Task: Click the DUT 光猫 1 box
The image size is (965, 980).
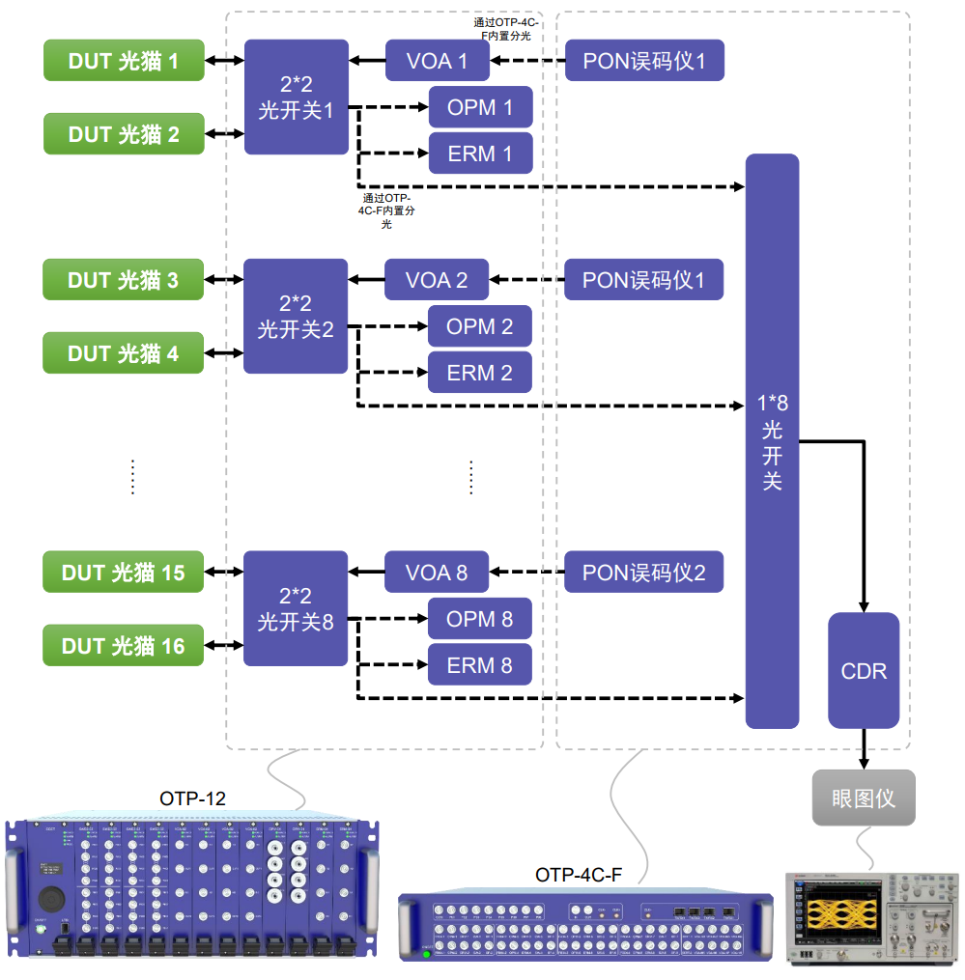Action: pos(124,61)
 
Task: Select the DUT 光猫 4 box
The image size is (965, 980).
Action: pos(124,353)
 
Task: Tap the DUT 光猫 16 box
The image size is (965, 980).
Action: pos(124,646)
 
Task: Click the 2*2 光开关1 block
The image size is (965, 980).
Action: pos(296,97)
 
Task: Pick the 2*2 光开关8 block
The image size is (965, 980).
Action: pos(295,608)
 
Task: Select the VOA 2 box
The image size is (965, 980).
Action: pos(437,281)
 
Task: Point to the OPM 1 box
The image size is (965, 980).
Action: pos(480,107)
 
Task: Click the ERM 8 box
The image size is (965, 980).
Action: pos(479,665)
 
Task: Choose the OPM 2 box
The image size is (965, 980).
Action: pos(479,326)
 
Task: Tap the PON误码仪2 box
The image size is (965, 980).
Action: pos(643,573)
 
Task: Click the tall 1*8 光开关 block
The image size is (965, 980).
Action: pos(772,441)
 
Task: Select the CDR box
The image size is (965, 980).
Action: pos(864,670)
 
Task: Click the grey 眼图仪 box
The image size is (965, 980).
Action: pos(864,798)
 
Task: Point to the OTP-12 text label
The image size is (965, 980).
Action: pos(192,798)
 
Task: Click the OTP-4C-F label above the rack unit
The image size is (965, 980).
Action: pos(579,875)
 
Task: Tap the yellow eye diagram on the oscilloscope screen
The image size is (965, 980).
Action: pos(847,913)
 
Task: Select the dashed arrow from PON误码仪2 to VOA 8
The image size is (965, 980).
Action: pos(526,573)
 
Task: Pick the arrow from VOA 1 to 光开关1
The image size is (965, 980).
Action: pos(367,61)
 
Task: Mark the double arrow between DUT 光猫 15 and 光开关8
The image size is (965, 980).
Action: pos(224,573)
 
